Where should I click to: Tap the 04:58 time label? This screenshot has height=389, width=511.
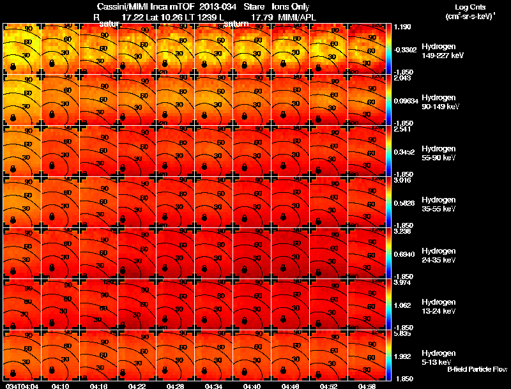[x=367, y=385]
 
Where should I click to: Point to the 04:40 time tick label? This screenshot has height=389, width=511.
[x=252, y=385]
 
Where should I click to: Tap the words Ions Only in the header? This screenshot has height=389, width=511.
[x=291, y=7]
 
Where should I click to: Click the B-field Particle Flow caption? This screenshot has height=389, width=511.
[x=477, y=369]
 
